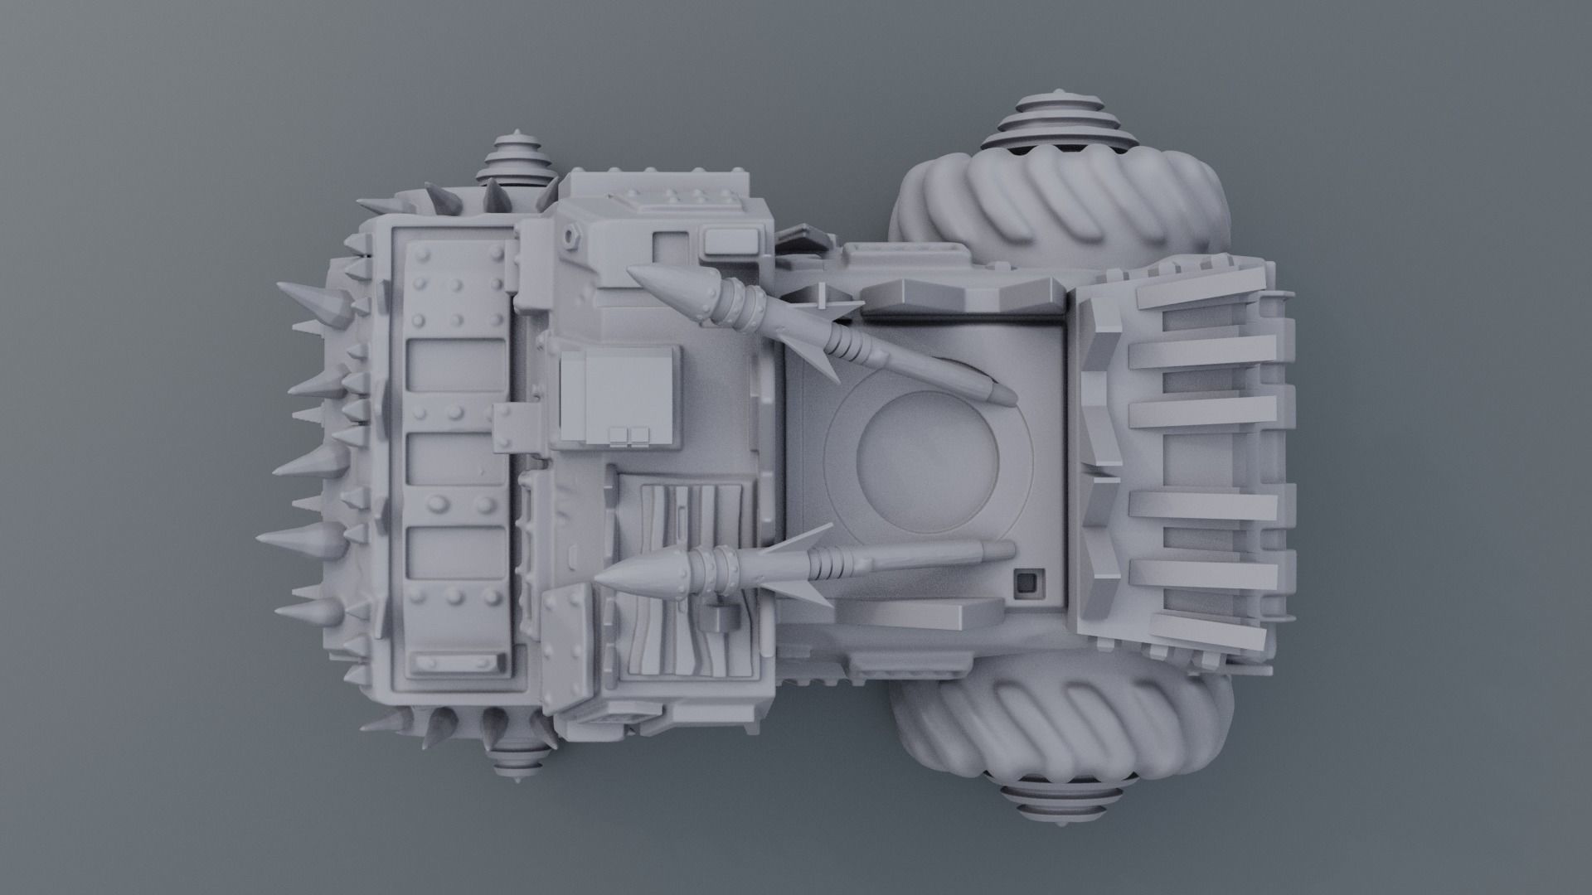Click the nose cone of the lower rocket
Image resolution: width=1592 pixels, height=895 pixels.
click(x=643, y=573)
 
